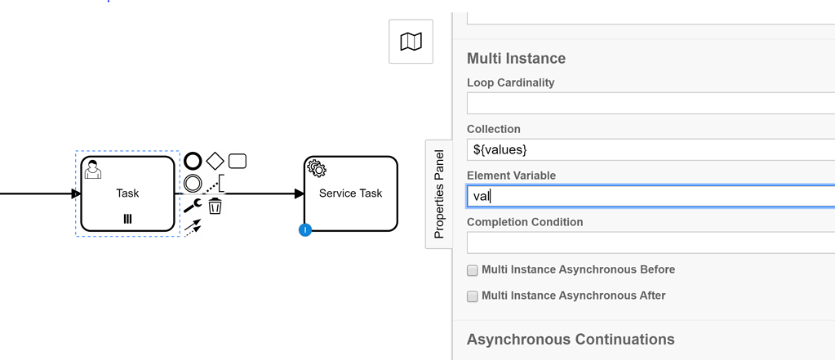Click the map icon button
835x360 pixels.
411,42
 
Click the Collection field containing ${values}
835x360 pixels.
650,149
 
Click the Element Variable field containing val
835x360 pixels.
650,196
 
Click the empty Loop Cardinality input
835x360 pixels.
650,103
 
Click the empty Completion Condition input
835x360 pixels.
650,242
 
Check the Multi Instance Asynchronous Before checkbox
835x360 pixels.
472,270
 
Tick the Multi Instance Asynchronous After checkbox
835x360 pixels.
472,296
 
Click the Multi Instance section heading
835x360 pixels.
516,59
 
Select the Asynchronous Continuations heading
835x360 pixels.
571,339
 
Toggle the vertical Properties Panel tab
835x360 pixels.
438,193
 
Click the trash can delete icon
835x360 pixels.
215,206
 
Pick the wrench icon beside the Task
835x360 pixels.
193,206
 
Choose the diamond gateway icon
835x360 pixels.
215,161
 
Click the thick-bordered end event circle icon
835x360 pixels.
193,161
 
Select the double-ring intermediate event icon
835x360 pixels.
193,184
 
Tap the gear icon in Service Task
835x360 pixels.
317,169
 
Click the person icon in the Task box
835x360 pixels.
93,169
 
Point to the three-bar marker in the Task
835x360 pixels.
127,219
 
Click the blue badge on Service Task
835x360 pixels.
305,230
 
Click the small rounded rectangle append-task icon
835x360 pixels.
238,161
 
